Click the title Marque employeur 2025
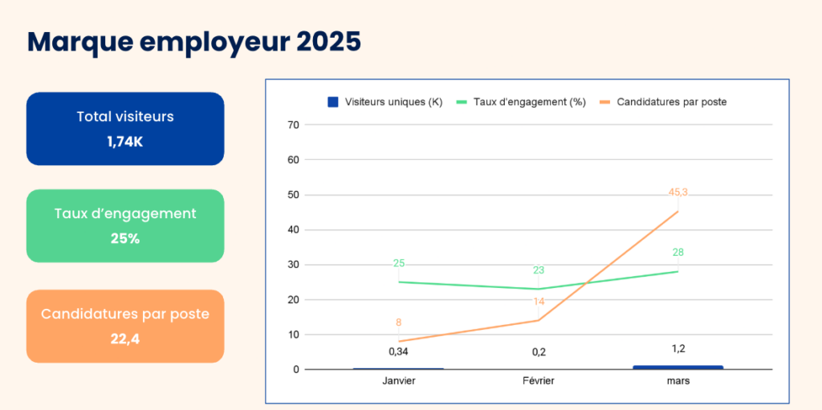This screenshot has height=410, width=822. pyautogui.click(x=193, y=41)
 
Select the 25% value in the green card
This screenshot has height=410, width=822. pyautogui.click(x=124, y=238)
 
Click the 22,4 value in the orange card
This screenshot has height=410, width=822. pyautogui.click(x=124, y=339)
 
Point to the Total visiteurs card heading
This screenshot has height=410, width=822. pyautogui.click(x=124, y=116)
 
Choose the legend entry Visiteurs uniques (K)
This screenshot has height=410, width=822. pyautogui.click(x=385, y=102)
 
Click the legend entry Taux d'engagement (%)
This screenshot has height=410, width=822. pyautogui.click(x=521, y=102)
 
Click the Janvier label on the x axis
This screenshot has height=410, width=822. pyautogui.click(x=399, y=381)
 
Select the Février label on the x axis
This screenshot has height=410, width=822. pyautogui.click(x=539, y=381)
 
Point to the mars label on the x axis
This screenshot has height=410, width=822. pyautogui.click(x=678, y=381)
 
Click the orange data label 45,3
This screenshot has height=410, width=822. pyautogui.click(x=678, y=192)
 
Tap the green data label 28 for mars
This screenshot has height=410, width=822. pyautogui.click(x=678, y=253)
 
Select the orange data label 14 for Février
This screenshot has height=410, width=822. pyautogui.click(x=539, y=301)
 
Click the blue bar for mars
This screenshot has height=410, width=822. pyautogui.click(x=678, y=367)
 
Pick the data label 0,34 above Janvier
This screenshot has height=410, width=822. pyautogui.click(x=399, y=351)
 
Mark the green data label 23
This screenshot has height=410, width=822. pyautogui.click(x=539, y=270)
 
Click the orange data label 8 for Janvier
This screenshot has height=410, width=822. pyautogui.click(x=399, y=323)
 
